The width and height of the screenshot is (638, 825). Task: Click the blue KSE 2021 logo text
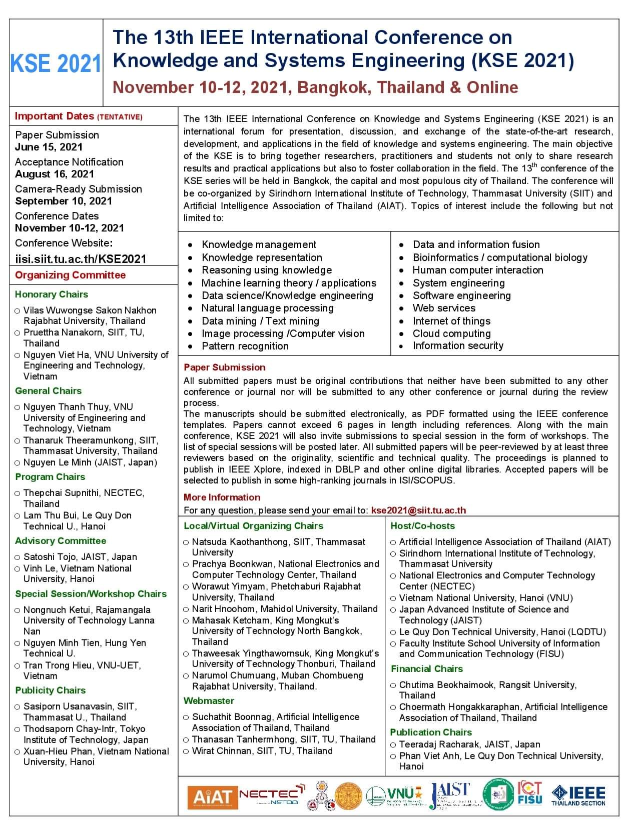coord(56,64)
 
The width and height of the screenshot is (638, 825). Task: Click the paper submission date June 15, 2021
coord(49,147)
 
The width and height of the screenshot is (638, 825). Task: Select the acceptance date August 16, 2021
coord(55,174)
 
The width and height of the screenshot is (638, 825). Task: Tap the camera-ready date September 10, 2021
coord(64,201)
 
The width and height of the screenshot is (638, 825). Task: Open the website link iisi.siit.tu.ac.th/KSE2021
coord(81,258)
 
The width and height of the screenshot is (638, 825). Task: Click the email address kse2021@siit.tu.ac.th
coord(418,510)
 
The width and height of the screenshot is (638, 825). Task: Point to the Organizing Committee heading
coord(70,275)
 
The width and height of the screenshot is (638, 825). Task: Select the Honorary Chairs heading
coord(52,294)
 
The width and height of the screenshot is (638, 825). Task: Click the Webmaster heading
coord(209,701)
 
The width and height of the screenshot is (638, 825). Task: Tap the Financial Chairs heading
coord(427,669)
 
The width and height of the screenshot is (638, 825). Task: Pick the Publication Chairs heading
coord(431,732)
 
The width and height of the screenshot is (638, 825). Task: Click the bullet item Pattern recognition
coord(245,346)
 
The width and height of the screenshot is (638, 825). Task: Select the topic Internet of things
coord(451,321)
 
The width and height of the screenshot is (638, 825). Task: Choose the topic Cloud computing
coord(451,333)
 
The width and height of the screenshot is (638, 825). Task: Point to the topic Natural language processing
coord(267,308)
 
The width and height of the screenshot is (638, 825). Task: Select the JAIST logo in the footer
coord(451,795)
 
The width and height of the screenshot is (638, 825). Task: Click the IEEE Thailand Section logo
coord(578,795)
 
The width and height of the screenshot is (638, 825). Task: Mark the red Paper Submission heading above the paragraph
coord(224,367)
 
